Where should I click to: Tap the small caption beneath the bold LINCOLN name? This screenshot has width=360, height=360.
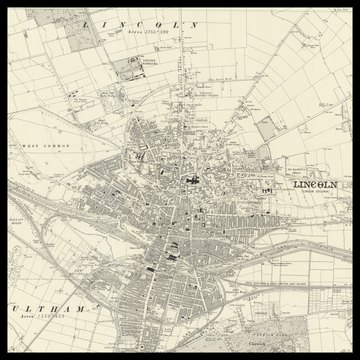pos(316,194)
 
